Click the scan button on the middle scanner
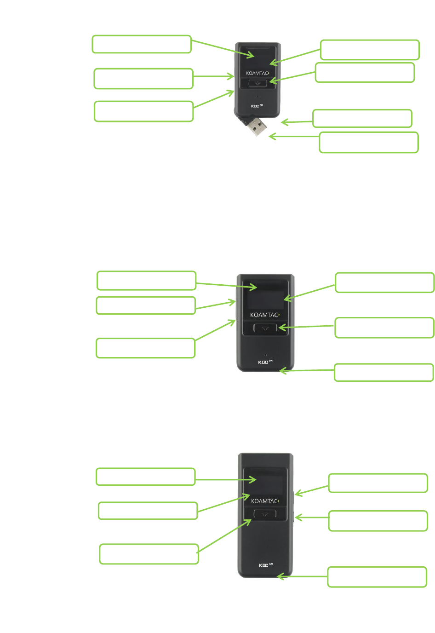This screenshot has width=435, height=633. [265, 328]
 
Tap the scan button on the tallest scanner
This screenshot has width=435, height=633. [265, 514]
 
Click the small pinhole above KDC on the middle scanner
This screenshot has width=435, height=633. [265, 355]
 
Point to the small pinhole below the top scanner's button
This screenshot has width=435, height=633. [257, 97]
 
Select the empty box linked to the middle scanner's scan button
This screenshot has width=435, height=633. [384, 328]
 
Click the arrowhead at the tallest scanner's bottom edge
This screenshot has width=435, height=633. [279, 576]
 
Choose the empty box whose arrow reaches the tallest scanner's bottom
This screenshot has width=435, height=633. [377, 577]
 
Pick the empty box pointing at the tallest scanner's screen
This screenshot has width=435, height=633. [145, 477]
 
